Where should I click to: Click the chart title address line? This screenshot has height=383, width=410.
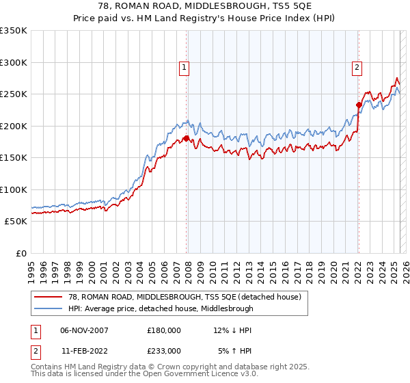coord(205,6)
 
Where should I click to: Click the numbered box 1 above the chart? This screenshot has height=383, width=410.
coord(185,67)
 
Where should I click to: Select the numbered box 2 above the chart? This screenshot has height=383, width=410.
coord(357,67)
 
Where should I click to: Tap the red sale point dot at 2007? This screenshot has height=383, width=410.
coord(186,138)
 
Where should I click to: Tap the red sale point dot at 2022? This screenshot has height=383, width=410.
coord(358,105)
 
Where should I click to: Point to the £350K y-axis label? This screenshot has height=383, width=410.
coord(14,31)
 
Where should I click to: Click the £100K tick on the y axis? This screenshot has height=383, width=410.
coord(14,189)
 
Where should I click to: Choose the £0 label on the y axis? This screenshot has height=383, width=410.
coord(20,253)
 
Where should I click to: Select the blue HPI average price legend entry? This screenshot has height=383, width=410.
coord(161,308)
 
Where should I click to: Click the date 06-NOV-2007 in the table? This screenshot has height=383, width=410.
coord(84,330)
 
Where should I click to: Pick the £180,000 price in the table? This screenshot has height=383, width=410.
coord(164,330)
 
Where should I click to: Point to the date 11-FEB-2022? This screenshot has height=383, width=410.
coord(84,350)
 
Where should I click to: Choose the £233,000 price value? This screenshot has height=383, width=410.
coord(164,350)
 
